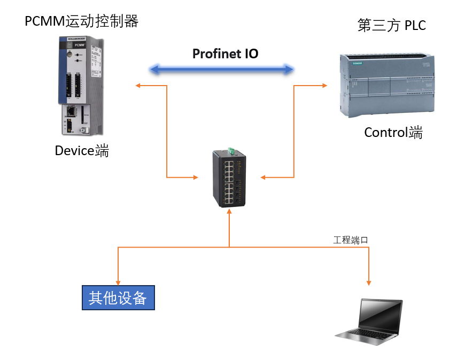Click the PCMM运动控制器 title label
(x=82, y=21)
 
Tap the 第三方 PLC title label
(x=391, y=26)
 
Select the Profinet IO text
(x=225, y=53)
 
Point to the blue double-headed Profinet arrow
(x=222, y=69)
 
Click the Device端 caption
(x=82, y=151)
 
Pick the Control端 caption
(x=393, y=132)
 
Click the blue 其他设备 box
(x=118, y=298)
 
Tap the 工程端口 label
(x=351, y=240)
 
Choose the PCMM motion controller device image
(x=80, y=86)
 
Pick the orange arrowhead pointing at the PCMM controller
(x=138, y=85)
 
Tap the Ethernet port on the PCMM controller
(x=70, y=112)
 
